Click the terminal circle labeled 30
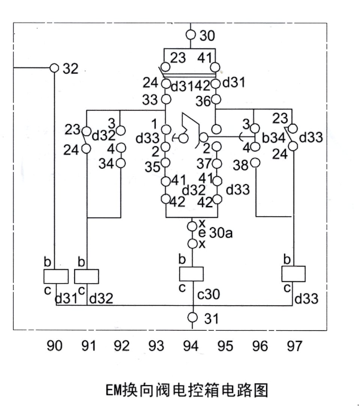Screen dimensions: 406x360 coord(191,35)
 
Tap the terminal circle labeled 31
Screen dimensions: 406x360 coord(192,318)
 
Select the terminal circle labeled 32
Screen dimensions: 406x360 coord(54,67)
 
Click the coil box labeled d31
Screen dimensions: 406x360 coord(56,276)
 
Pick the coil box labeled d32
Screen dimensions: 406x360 coord(87,276)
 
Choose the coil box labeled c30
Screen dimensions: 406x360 coord(191,274)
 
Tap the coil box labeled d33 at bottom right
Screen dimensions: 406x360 coord(293,274)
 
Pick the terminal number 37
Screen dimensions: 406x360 coord(204,164)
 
